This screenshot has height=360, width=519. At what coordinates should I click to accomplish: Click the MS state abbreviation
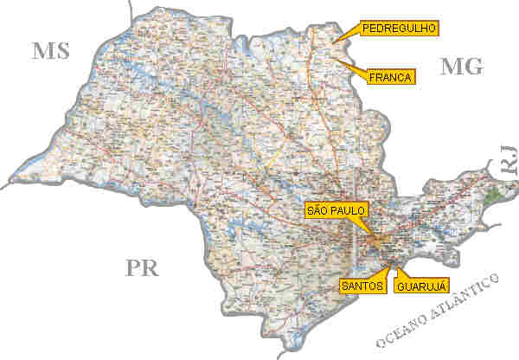[52, 50]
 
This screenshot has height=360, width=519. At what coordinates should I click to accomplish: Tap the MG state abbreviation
[461, 65]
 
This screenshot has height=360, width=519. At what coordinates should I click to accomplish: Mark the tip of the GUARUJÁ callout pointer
[394, 264]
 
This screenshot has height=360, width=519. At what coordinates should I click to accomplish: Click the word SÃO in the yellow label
[321, 209]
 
